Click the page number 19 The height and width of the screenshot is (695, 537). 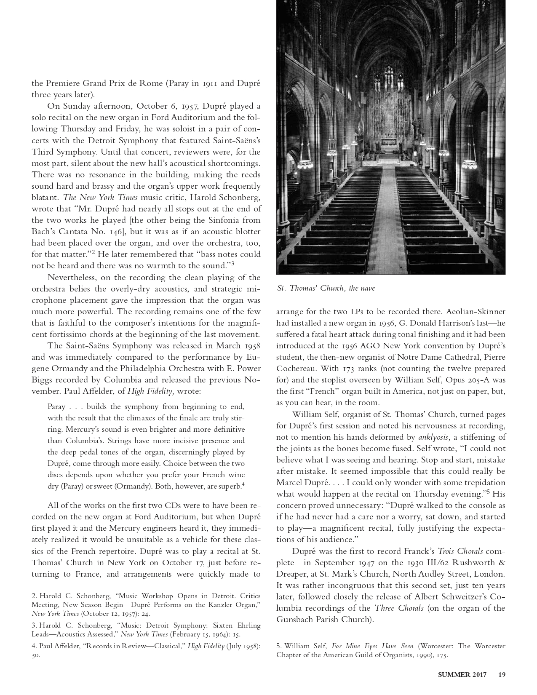tap(502, 674)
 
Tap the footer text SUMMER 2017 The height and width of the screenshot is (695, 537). tap(462, 674)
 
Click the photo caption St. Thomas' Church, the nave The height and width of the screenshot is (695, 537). tap(326, 288)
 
